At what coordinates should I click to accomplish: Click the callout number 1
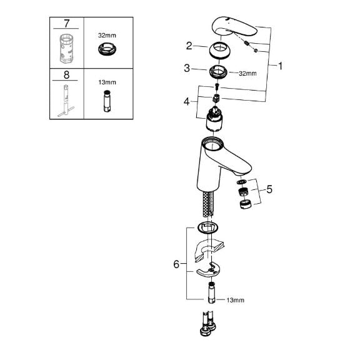[x=280, y=66]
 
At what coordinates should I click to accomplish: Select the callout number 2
[x=189, y=46]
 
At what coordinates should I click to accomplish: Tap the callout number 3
[x=187, y=68]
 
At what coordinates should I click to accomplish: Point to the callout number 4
[x=187, y=101]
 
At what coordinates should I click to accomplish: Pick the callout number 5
[x=269, y=189]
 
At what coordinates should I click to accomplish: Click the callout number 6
[x=176, y=264]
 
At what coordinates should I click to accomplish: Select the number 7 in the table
[x=66, y=23]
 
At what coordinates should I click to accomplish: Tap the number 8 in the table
[x=66, y=75]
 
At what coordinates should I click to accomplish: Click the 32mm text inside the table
[x=107, y=36]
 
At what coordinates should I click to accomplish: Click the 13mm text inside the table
[x=107, y=82]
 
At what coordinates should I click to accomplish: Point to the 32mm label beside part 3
[x=247, y=74]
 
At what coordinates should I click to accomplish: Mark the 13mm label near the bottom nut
[x=236, y=300]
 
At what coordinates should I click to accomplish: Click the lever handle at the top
[x=234, y=27]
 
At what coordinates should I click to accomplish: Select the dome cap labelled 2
[x=220, y=51]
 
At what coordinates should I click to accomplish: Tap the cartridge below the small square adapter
[x=214, y=119]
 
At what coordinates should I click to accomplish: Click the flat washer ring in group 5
[x=241, y=182]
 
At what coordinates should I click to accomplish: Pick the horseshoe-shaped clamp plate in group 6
[x=209, y=270]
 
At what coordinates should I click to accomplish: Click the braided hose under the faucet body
[x=208, y=204]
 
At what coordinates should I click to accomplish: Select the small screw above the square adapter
[x=217, y=87]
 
